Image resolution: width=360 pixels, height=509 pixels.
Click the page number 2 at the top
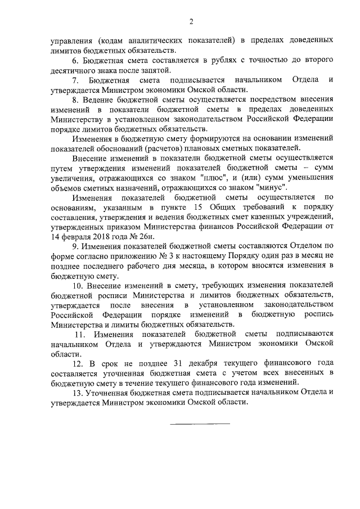(191, 22)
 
